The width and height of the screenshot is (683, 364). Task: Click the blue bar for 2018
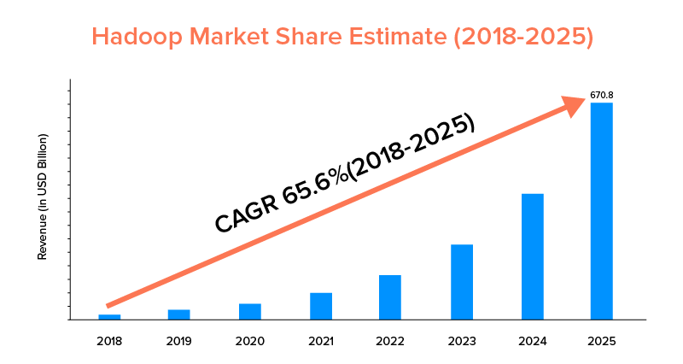109,317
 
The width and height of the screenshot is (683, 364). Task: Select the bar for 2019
179,314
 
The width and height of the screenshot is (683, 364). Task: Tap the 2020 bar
250,311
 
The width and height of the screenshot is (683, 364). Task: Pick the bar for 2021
321,306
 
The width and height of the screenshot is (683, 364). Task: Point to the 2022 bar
390,297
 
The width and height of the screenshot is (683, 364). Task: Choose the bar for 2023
462,282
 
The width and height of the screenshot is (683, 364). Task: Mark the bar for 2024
532,256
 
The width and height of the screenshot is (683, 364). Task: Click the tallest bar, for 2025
602,211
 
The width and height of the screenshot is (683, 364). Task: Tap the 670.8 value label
602,96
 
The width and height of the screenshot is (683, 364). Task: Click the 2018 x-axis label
109,341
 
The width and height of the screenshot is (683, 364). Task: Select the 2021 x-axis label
321,341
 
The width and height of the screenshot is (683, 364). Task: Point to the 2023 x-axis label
462,341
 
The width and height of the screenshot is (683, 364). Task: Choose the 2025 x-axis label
602,341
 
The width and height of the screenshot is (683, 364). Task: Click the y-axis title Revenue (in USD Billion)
42,197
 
